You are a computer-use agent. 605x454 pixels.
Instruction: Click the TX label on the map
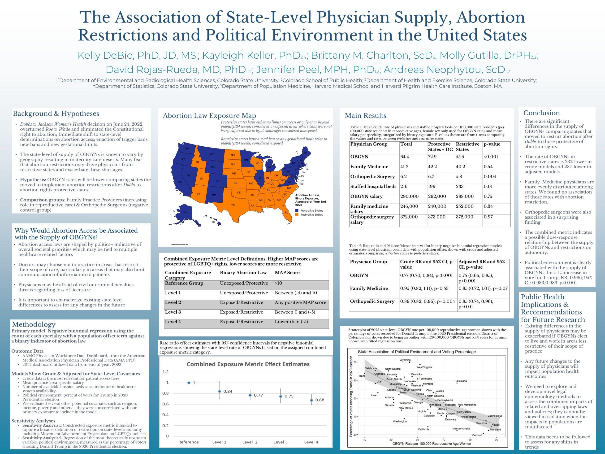pos(233,205)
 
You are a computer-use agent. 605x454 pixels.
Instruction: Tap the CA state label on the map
pos(180,182)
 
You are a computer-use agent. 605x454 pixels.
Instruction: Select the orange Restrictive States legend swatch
pos(297,215)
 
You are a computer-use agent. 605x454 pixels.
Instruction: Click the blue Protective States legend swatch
pos(297,211)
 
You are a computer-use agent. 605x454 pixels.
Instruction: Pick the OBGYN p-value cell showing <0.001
pos(491,157)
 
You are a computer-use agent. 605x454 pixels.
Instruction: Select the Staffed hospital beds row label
pos(373,186)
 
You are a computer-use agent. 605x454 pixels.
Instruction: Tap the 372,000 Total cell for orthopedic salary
pos(409,217)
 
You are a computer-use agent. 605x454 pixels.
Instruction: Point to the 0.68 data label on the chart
pos(320,400)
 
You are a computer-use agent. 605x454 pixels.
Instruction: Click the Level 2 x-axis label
pos(250,442)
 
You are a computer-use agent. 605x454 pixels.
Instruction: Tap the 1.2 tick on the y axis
pos(165,372)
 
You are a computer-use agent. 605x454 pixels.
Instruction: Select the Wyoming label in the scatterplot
pos(405,360)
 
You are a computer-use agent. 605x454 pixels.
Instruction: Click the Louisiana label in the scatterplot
pos(461,381)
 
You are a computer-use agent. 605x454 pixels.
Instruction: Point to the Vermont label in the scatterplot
pos(477,435)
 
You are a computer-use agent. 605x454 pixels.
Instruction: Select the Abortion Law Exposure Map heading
pos(209,116)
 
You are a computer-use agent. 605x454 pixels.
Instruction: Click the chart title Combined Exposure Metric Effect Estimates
pos(248,364)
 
